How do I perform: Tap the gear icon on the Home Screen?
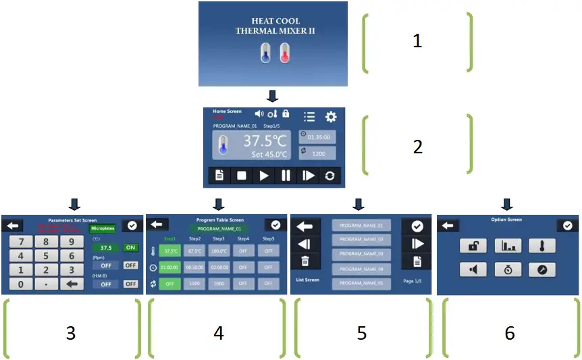(330, 117)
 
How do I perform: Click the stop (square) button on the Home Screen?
(241, 176)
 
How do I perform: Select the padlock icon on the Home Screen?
(286, 113)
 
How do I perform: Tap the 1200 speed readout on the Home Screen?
(317, 153)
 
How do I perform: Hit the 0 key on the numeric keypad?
(21, 284)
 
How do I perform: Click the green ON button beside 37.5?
(130, 248)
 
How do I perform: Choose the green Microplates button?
(103, 229)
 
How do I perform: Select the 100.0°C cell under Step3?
(219, 251)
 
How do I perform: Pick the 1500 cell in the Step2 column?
(195, 284)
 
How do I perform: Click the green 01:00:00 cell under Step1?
(171, 267)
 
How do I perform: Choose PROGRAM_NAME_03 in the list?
(361, 254)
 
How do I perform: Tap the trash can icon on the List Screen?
(305, 261)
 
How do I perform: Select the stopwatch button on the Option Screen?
(508, 269)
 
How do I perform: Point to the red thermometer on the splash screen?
(284, 53)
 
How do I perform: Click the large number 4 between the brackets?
(218, 332)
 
